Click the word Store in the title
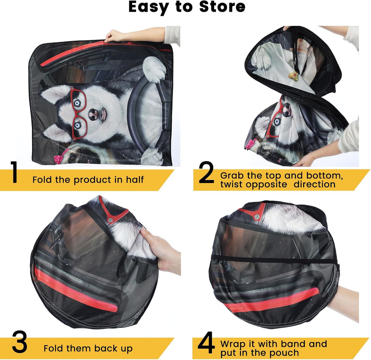[x=222, y=7]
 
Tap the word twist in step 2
[x=231, y=184]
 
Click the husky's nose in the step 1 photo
[x=93, y=115]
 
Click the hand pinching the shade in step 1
[x=114, y=36]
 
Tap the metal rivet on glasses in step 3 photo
[x=110, y=220]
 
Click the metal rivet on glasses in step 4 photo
[x=257, y=217]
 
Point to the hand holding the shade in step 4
[x=343, y=298]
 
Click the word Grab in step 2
[x=232, y=176]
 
